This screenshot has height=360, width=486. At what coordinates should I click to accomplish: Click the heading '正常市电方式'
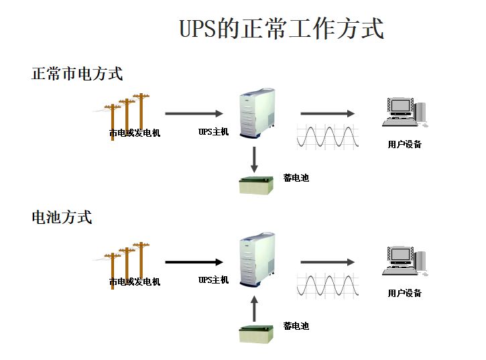pyautogui.click(x=77, y=74)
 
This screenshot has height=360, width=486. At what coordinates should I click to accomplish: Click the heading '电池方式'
pyautogui.click(x=62, y=217)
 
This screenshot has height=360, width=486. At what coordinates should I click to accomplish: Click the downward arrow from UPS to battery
pyautogui.click(x=255, y=160)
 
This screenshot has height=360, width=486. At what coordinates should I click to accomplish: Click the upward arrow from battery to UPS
pyautogui.click(x=255, y=308)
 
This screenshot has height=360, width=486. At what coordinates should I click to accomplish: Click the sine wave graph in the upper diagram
pyautogui.click(x=328, y=136)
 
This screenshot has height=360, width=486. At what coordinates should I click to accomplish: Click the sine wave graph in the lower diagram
pyautogui.click(x=328, y=285)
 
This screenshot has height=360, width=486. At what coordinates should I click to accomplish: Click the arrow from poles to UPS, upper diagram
pyautogui.click(x=194, y=114)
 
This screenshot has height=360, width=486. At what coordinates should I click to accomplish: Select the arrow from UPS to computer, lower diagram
pyautogui.click(x=327, y=262)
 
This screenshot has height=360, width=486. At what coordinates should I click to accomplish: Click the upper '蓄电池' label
pyautogui.click(x=296, y=178)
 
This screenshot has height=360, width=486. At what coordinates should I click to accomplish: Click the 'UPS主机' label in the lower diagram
pyautogui.click(x=213, y=280)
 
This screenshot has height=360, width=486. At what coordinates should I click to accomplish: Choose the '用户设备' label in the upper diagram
pyautogui.click(x=405, y=144)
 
